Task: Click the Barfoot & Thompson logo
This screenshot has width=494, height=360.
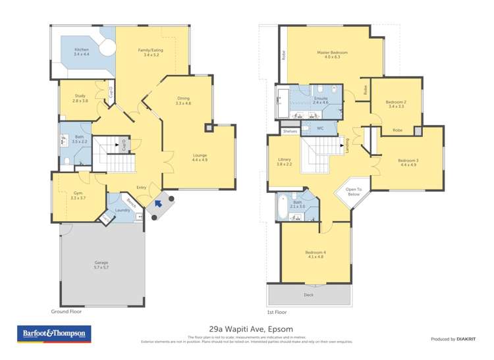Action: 54,334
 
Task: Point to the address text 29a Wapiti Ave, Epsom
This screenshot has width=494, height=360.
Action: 246,329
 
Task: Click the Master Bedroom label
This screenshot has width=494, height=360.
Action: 332,54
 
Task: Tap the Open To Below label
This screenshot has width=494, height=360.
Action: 354,193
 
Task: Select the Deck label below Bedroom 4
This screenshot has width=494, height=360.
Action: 308,295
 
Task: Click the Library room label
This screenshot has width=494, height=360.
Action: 285,161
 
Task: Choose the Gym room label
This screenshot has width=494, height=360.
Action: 78,195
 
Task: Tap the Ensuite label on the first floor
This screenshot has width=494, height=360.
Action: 320,100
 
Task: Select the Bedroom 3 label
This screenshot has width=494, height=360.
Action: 408,162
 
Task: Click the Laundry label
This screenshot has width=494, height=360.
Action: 122,211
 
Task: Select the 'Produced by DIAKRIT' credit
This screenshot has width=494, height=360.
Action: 453,339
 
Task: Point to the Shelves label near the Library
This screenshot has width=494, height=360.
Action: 290,132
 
